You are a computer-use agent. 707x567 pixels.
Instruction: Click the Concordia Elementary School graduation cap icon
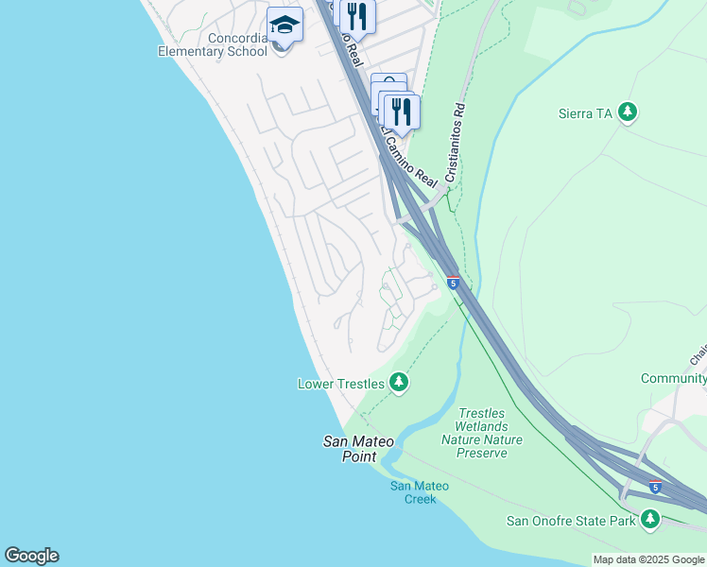click(285, 24)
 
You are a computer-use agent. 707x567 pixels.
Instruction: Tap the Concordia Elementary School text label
click(213, 44)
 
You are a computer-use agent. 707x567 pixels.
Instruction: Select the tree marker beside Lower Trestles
click(399, 383)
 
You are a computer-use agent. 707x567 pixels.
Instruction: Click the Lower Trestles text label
click(340, 384)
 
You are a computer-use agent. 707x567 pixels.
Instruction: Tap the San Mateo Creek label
click(420, 492)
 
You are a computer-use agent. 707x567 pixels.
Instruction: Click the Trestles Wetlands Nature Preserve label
click(481, 433)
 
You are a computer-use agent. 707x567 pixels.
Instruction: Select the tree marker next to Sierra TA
click(627, 113)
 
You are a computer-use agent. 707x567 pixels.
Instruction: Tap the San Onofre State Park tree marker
click(649, 519)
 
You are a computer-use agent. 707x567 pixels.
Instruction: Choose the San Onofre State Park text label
click(571, 520)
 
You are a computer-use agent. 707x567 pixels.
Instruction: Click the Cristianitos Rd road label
click(453, 143)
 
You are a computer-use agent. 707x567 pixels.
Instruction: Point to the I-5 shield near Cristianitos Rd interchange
click(454, 283)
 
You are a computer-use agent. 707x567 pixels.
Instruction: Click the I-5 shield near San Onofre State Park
click(655, 488)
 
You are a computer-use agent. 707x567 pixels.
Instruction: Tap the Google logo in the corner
click(31, 556)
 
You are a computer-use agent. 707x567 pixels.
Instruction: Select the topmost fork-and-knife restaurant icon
click(357, 16)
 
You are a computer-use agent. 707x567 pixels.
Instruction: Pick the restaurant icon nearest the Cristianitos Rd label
click(402, 112)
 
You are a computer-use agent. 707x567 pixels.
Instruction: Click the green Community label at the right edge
click(673, 379)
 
